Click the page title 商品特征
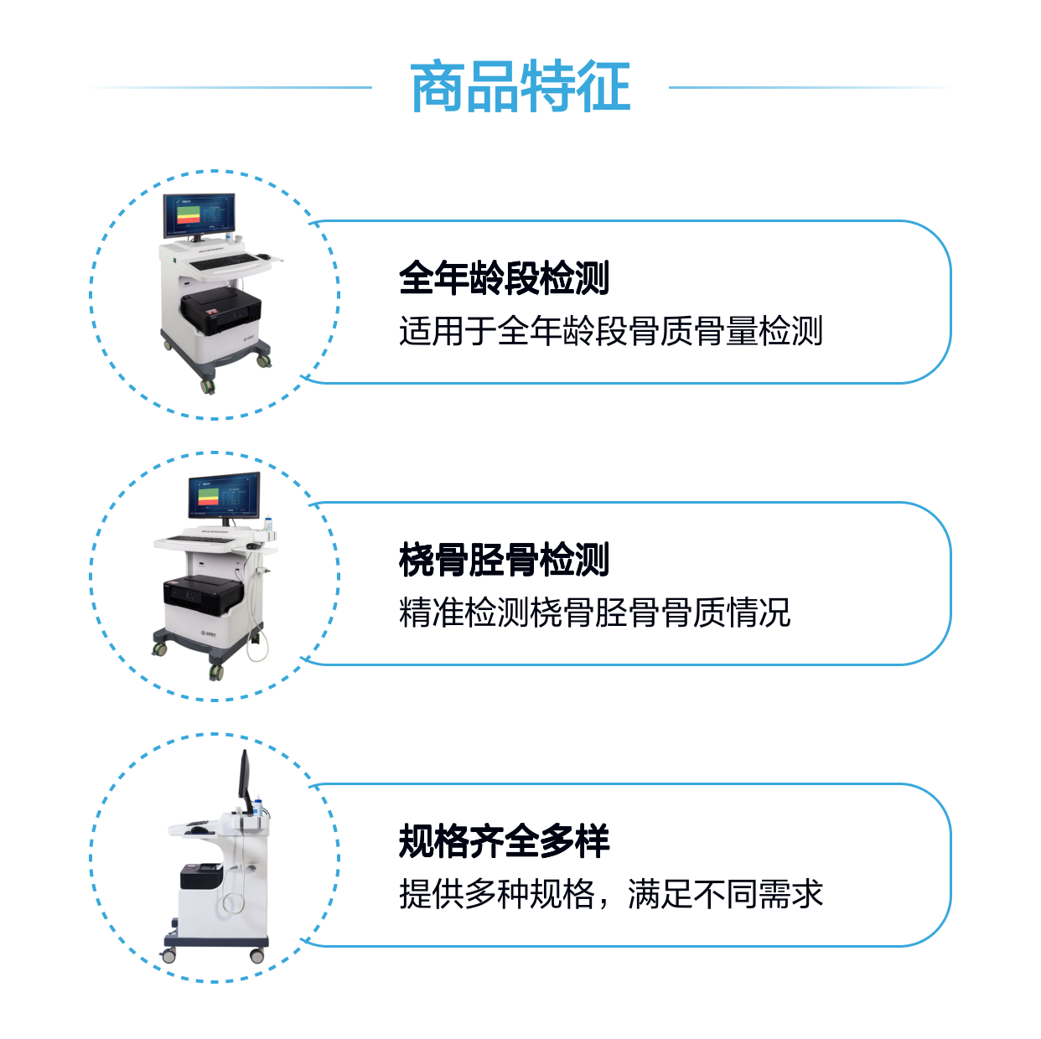tap(520, 87)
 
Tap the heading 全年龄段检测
tap(504, 277)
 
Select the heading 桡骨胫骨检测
tap(504, 559)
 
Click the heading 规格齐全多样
tap(504, 840)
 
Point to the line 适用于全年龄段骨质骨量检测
tap(611, 331)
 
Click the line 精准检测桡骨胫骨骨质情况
tap(595, 613)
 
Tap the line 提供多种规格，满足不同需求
tap(611, 894)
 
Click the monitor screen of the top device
tap(199, 215)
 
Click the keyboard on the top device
tap(224, 262)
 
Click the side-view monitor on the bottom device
tap(246, 781)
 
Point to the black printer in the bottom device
tap(201, 876)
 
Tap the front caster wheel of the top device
tap(208, 385)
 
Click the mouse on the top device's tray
tap(263, 256)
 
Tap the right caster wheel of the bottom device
tap(257, 956)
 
